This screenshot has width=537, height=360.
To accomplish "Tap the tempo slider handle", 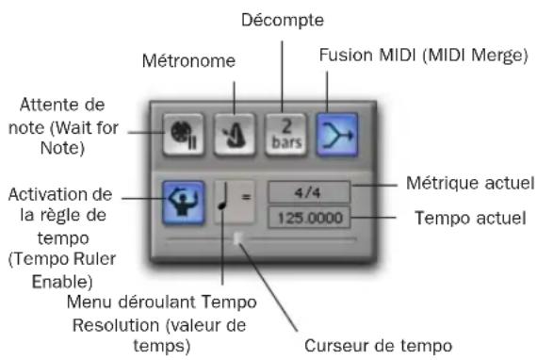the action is [237, 240].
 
